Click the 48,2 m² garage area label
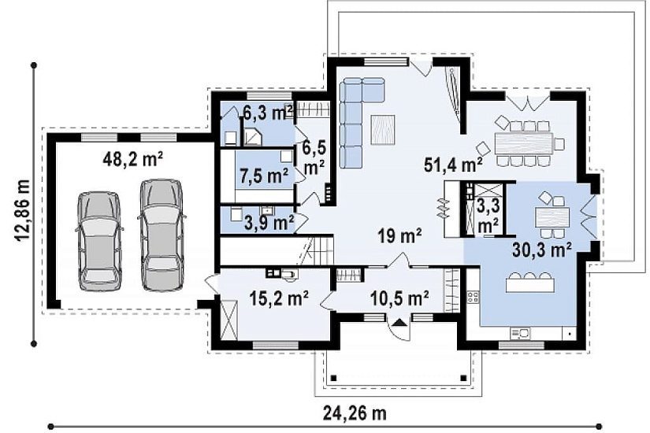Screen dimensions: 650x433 tap(132, 160)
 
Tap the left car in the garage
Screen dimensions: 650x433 tap(99, 241)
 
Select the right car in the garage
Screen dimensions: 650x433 tap(160, 234)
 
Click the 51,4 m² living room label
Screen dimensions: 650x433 tap(453, 165)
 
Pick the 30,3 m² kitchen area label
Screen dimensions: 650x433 tap(542, 250)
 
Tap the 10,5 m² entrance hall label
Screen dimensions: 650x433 tap(399, 297)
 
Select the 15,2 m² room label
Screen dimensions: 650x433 tap(279, 297)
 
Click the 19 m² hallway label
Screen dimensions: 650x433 tap(399, 235)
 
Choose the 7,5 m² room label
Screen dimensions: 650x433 tap(265, 176)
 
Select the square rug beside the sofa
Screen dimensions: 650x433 tap(383, 130)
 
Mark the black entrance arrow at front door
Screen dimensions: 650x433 tap(399, 322)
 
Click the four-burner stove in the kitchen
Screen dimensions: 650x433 tap(473, 296)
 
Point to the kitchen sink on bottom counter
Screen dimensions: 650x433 tap(520, 333)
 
